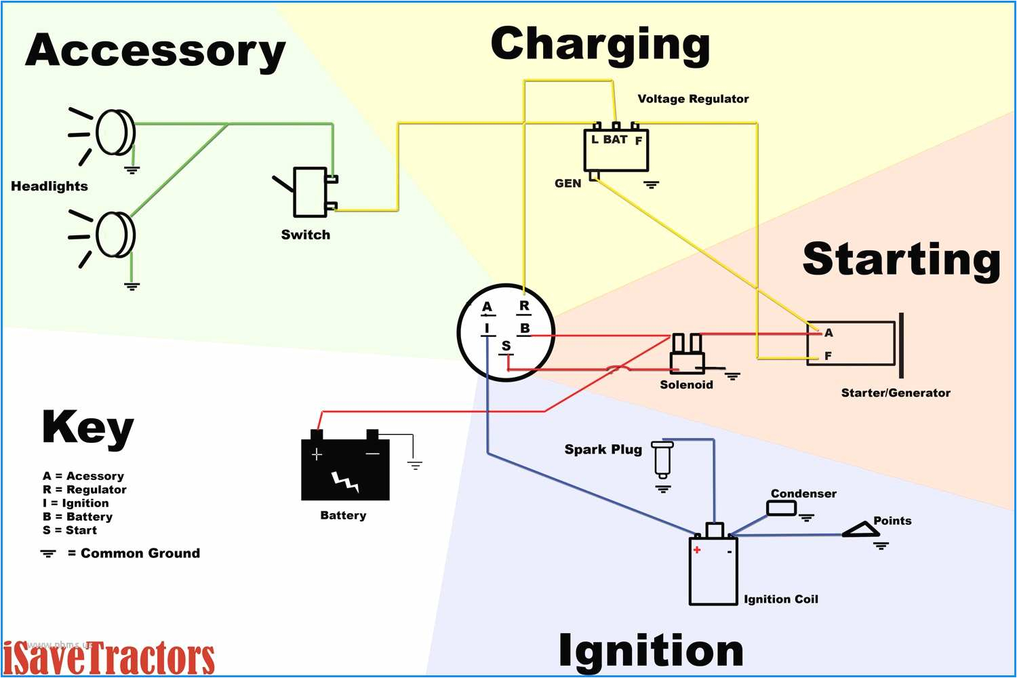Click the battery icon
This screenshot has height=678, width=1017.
click(x=345, y=468)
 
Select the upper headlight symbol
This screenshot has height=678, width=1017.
click(x=114, y=132)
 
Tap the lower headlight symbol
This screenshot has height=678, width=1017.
click(x=114, y=235)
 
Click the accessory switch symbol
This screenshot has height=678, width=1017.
click(x=310, y=192)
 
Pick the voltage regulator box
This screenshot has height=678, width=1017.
click(x=616, y=151)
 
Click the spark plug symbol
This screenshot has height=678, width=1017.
click(x=662, y=458)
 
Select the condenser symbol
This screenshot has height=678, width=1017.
click(x=781, y=508)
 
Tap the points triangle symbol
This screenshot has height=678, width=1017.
click(x=860, y=530)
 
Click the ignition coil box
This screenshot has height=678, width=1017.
click(x=713, y=570)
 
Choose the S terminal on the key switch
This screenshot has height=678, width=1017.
click(x=506, y=346)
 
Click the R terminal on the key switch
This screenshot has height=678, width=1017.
click(x=524, y=306)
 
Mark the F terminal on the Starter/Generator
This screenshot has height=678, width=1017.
click(x=827, y=356)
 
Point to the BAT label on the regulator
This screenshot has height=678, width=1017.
click(x=615, y=140)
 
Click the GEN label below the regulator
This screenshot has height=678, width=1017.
click(x=567, y=183)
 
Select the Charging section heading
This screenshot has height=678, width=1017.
click(x=600, y=45)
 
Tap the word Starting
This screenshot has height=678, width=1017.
click(x=901, y=260)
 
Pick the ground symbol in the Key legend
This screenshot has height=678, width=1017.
click(x=48, y=553)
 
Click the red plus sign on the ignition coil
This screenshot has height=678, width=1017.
click(x=697, y=550)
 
